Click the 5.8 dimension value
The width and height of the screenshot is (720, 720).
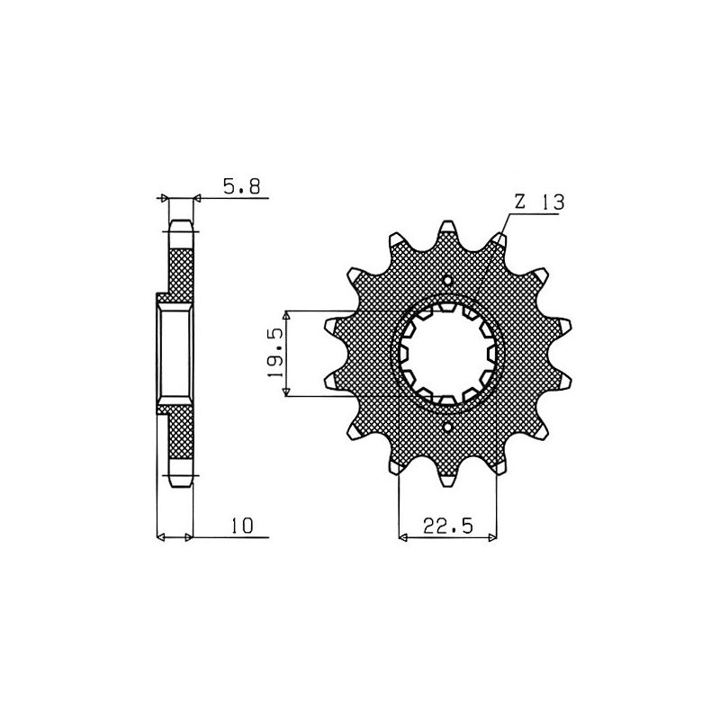point(241,187)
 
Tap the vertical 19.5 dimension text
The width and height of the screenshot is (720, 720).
point(275,354)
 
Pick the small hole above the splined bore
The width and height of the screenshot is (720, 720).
point(448,282)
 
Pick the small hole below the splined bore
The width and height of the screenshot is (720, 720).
point(448,426)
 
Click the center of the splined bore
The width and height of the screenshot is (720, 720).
point(448,354)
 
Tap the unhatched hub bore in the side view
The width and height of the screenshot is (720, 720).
point(175,353)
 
